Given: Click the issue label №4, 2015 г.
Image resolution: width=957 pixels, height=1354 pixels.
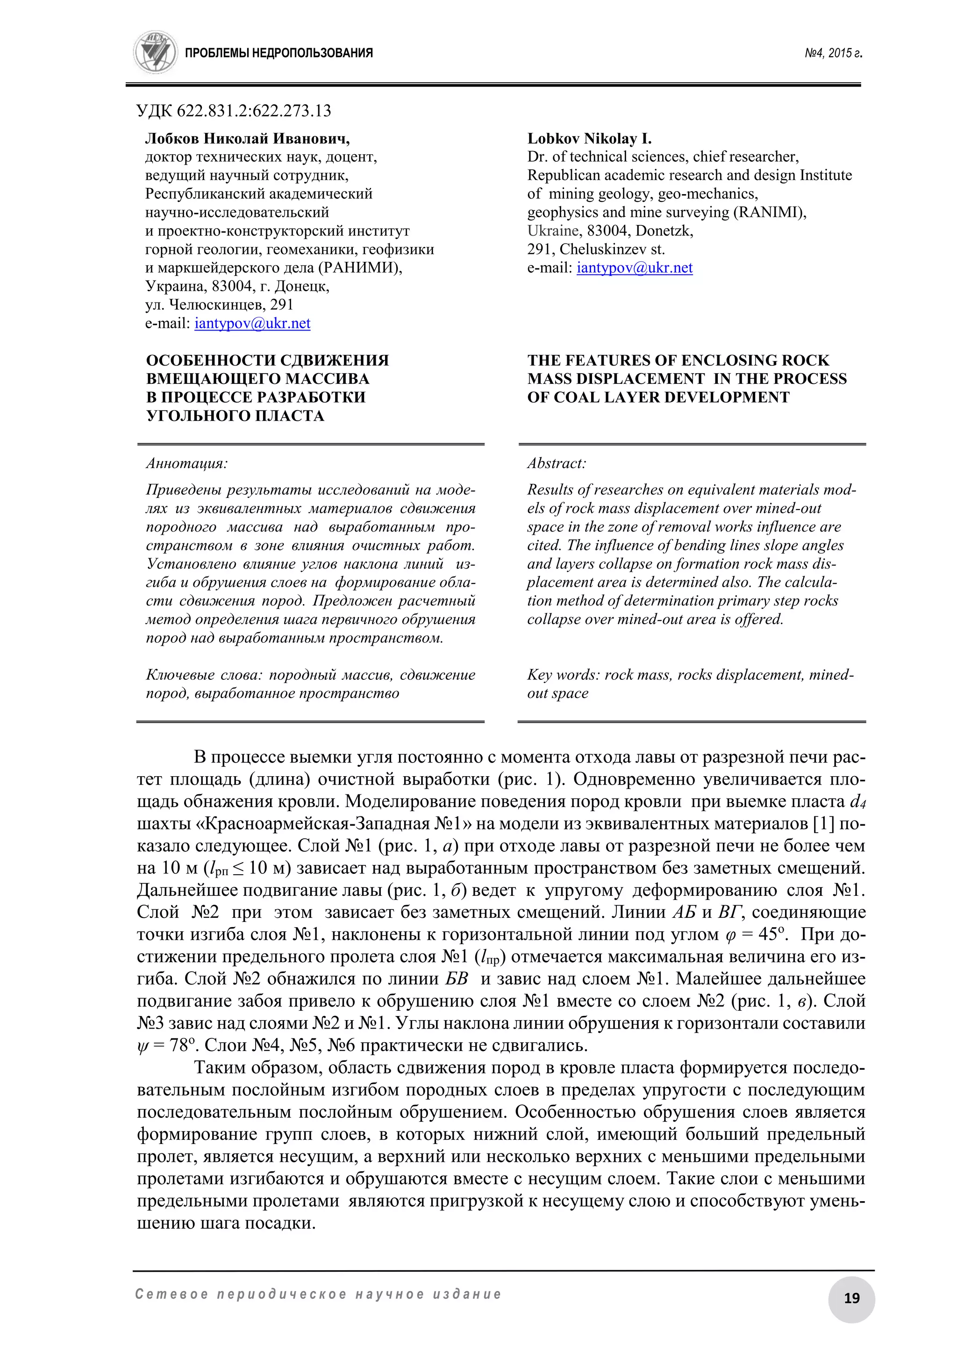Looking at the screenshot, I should [x=833, y=53].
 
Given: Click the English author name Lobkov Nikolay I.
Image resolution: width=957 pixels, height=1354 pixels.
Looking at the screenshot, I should [x=589, y=138].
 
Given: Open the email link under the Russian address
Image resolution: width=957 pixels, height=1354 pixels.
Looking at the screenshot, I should [x=252, y=323].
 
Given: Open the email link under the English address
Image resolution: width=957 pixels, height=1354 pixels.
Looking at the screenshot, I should [x=635, y=268].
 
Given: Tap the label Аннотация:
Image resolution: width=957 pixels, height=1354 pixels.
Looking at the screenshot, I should [x=186, y=463].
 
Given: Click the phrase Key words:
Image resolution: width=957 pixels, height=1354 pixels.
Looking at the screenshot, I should [x=564, y=675].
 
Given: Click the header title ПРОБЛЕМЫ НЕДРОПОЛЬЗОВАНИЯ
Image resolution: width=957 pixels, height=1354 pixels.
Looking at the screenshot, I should [x=279, y=53].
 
